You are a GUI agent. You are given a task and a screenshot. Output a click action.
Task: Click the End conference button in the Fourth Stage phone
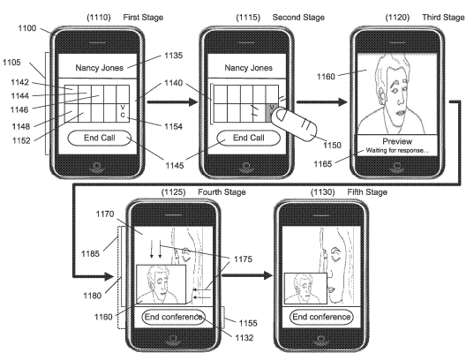[x=173, y=317]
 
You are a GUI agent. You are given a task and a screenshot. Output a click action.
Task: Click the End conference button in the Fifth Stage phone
[x=323, y=317]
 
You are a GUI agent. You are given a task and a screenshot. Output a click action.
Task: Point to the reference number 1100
[x=26, y=29]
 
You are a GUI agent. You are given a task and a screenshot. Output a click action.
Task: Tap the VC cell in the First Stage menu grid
[x=122, y=110]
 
